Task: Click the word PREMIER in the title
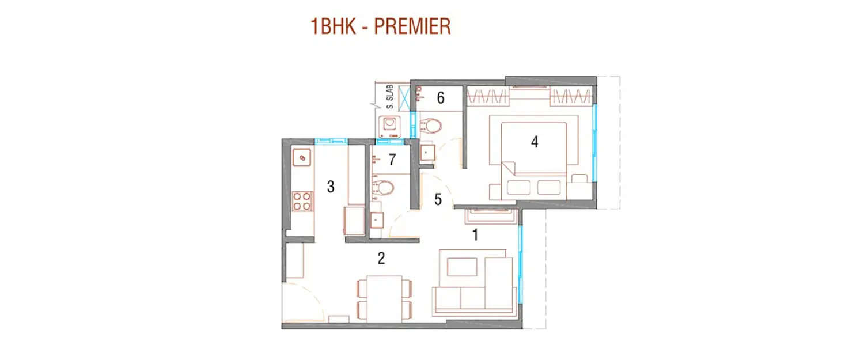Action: click(x=413, y=27)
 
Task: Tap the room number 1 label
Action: click(x=475, y=235)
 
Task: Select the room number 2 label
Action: click(x=381, y=259)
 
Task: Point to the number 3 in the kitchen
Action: click(x=330, y=187)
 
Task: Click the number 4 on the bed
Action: click(x=535, y=142)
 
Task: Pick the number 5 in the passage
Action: click(x=438, y=200)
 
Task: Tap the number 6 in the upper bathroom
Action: click(x=441, y=98)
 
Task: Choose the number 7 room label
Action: click(x=392, y=159)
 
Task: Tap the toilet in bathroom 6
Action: click(x=431, y=124)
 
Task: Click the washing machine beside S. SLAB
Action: click(x=389, y=126)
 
